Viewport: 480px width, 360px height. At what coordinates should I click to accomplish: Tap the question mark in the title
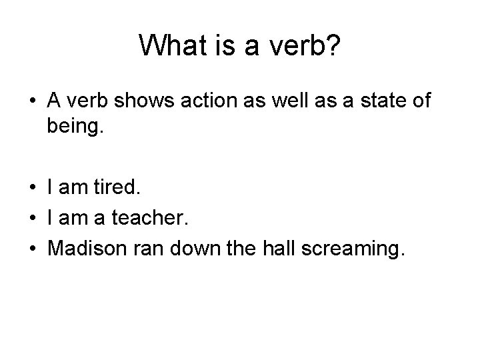(334, 45)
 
